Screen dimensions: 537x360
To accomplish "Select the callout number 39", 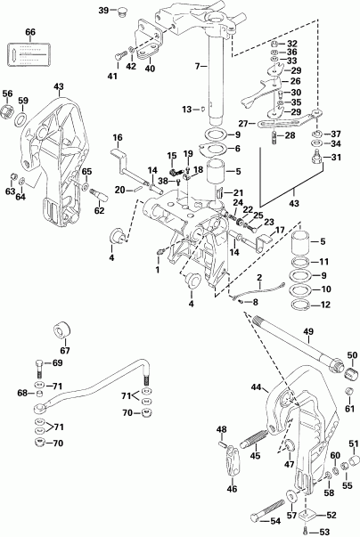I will (x=103, y=11).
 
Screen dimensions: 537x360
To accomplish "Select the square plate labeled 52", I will (x=308, y=513).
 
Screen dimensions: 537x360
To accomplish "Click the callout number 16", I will (x=117, y=138).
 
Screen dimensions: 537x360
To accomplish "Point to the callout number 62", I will (x=100, y=211).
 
